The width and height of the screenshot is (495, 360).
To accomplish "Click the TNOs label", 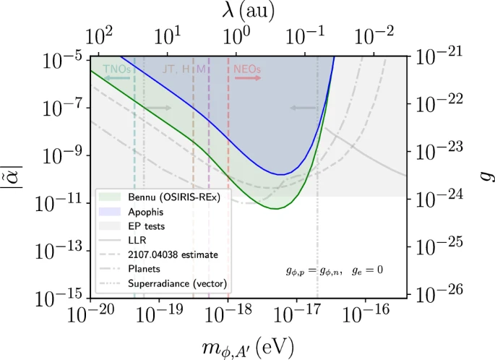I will [116, 69].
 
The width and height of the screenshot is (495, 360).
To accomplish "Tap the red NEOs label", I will [247, 69].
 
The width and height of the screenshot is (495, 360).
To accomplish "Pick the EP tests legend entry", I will [147, 226].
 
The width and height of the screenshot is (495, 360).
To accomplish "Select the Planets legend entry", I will [145, 268].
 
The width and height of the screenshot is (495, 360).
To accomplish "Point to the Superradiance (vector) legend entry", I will [176, 282].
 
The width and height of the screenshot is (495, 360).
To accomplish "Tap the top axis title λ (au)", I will [249, 12].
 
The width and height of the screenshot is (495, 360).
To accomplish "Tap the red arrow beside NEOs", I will [248, 77].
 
